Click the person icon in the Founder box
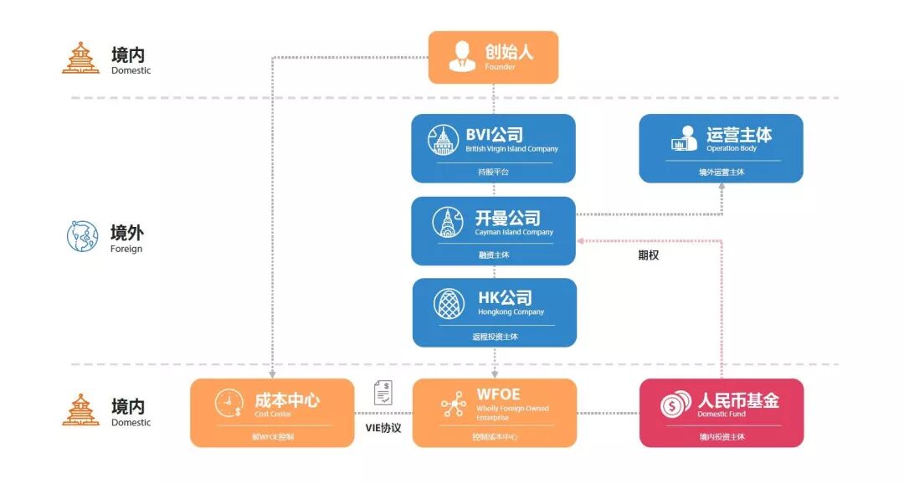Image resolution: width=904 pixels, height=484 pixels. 461,56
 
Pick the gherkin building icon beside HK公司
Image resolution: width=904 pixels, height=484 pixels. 449,303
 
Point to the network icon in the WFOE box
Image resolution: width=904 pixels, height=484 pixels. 454,404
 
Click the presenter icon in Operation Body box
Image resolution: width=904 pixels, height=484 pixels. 684,139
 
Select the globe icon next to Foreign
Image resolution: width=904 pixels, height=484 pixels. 82,236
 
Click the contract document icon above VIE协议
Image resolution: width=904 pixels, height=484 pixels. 383,392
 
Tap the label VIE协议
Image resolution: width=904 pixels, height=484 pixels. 383,428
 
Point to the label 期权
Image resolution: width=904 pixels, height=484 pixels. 649,255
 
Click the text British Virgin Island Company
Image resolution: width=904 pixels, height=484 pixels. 511,149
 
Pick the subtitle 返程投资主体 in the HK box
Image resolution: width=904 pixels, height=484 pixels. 495,337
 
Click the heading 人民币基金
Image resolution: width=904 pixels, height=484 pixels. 738,400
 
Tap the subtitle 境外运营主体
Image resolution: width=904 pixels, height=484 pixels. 721,172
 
